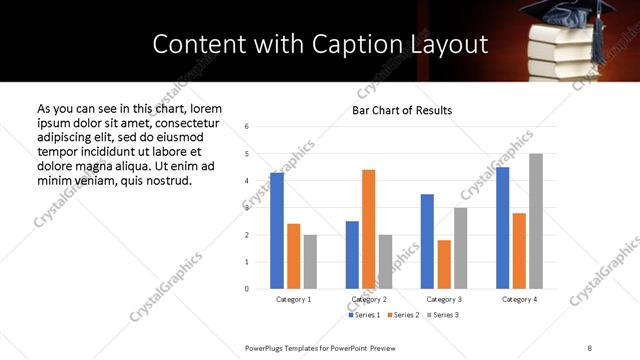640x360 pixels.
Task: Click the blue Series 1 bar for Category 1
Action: pos(277,231)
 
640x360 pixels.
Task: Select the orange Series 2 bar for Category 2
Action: pos(368,229)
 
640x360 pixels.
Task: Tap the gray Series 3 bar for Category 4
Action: pos(536,221)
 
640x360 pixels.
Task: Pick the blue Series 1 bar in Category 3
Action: pos(427,241)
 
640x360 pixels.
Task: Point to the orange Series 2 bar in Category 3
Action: pos(444,264)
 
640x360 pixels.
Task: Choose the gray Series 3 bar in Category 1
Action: pos(310,262)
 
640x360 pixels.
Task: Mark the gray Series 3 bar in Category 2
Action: pos(385,262)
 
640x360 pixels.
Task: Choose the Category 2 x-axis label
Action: pos(369,299)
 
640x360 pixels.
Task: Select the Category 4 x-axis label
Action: pos(519,299)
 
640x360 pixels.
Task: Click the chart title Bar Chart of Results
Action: pos(402,110)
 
